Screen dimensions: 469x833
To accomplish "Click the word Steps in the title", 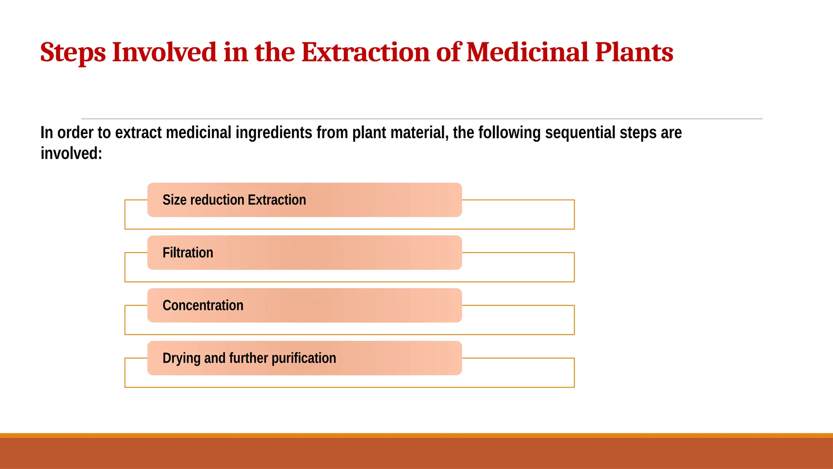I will click(73, 53).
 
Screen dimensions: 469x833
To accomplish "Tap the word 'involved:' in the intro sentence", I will click(71, 154).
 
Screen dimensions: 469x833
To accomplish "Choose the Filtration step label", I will click(188, 253).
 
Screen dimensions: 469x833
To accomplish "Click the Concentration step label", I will click(203, 305).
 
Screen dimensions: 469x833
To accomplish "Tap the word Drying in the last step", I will click(181, 359).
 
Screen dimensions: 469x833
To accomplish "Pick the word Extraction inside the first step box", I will click(277, 200).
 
